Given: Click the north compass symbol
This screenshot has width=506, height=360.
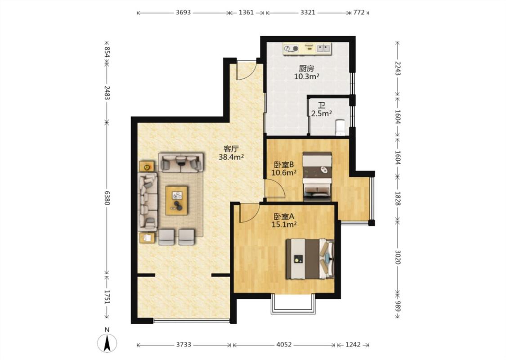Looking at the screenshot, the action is click(x=107, y=342).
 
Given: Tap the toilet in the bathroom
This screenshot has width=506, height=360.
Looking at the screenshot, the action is click(x=340, y=127).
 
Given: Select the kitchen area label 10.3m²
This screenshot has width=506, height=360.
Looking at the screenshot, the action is click(x=307, y=76).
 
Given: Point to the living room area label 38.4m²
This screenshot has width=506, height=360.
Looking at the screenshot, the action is click(x=231, y=157).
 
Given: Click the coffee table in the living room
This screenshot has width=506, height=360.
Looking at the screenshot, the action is click(x=176, y=200).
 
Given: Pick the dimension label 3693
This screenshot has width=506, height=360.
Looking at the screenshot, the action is click(x=184, y=13).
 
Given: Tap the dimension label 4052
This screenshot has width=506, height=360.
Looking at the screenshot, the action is click(x=284, y=345).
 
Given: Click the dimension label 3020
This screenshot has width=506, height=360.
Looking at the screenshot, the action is click(x=398, y=257).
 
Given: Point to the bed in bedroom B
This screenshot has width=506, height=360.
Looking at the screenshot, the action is click(x=317, y=176).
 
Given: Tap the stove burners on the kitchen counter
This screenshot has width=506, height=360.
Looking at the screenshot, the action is click(x=291, y=49).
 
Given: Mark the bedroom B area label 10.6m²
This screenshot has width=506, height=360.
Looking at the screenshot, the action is click(x=284, y=173).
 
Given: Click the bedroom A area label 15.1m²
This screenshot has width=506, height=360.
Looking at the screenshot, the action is click(x=284, y=225).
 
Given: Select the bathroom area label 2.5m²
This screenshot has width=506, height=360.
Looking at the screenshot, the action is click(x=322, y=113).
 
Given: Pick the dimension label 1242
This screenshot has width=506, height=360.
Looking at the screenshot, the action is click(x=353, y=345).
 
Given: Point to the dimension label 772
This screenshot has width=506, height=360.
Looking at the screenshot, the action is click(x=359, y=13).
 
